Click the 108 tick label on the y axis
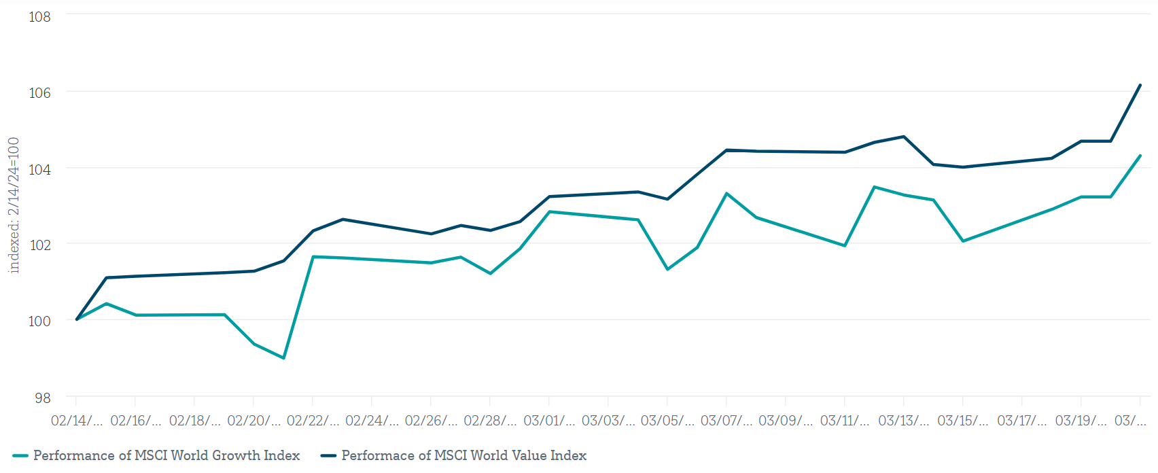tap(39, 16)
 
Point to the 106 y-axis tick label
tap(39, 92)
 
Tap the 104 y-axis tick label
tap(39, 169)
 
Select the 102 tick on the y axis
tap(39, 245)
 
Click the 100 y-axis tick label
tap(39, 321)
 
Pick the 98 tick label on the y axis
tap(42, 398)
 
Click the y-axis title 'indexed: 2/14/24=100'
tap(14, 205)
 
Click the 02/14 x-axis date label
tap(77, 421)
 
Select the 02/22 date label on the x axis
tap(313, 421)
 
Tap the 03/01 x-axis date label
tap(549, 421)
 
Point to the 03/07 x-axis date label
tap(726, 421)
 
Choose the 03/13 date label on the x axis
tap(903, 421)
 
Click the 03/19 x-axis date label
tap(1081, 421)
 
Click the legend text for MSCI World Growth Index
tap(166, 455)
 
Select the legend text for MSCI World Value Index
tap(463, 455)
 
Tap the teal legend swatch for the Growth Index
tap(20, 456)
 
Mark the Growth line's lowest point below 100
tap(283, 358)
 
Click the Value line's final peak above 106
tap(1140, 85)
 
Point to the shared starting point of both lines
tap(77, 319)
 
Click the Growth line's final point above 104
tap(1140, 156)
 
